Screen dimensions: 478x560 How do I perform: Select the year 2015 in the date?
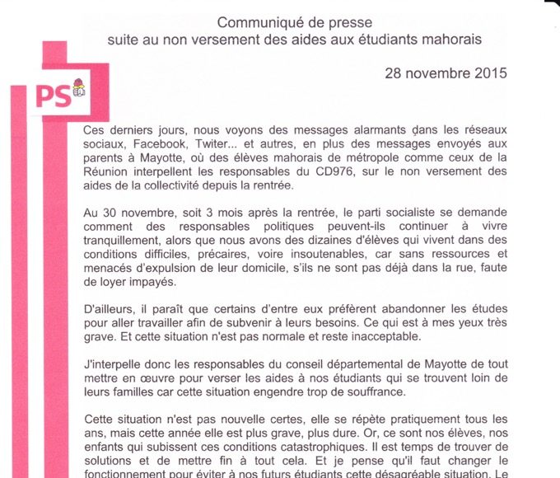pyautogui.click(x=489, y=73)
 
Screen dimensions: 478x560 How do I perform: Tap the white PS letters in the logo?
pyautogui.click(x=51, y=96)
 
